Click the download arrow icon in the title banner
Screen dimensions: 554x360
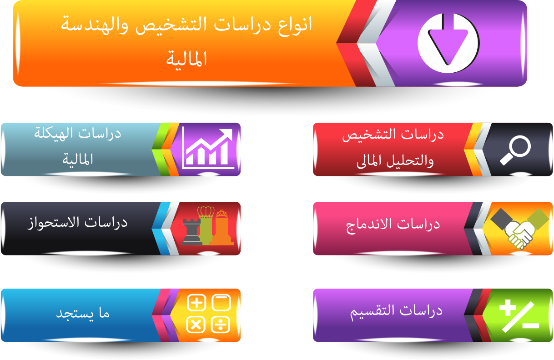448,43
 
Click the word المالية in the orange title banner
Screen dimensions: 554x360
186,59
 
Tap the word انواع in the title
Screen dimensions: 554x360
295,25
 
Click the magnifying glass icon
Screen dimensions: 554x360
515,150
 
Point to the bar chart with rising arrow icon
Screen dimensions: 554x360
208,148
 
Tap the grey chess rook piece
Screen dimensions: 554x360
191,231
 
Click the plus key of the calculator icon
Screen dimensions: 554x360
196,303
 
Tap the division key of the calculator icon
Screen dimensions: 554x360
221,325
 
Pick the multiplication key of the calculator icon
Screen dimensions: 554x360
196,325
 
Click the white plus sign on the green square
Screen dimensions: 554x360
508,308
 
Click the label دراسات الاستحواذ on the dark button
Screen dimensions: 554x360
77,223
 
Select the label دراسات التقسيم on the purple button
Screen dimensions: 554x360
396,312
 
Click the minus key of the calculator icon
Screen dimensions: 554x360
222,303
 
